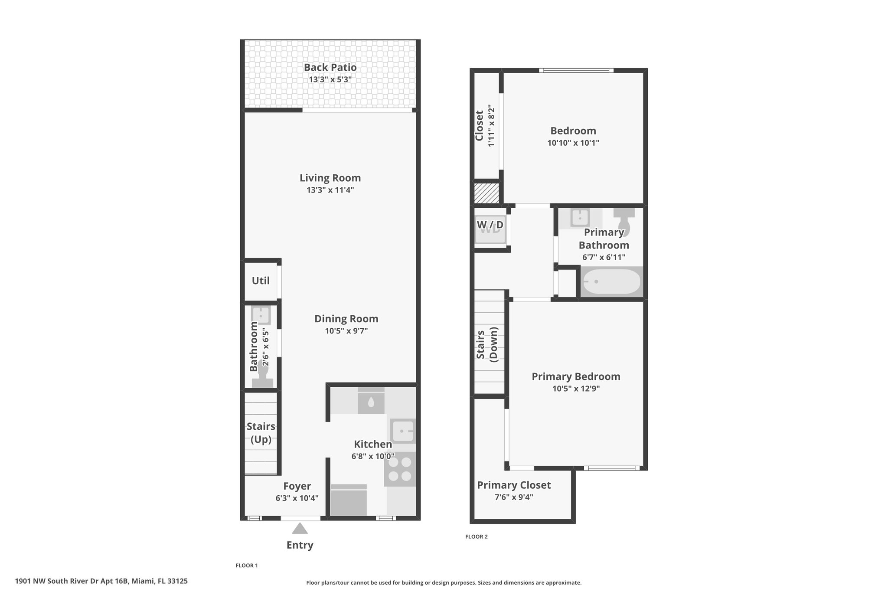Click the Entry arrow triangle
(x=300, y=528)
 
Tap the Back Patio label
(x=330, y=67)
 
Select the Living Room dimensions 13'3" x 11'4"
(x=330, y=190)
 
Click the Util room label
(x=261, y=281)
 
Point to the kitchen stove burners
(x=400, y=469)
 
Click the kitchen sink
(x=403, y=431)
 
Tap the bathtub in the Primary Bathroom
(x=611, y=281)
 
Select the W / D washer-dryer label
(x=490, y=225)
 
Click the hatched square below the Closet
(x=486, y=193)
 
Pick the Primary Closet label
(x=514, y=485)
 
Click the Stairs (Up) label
(x=261, y=432)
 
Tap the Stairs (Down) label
(x=487, y=344)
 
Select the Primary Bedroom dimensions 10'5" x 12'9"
(x=576, y=389)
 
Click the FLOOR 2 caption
(x=477, y=536)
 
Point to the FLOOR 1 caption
(x=247, y=566)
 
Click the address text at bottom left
(x=101, y=581)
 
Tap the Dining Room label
(x=346, y=319)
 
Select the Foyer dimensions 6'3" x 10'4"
(x=297, y=498)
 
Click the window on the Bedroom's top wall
(x=576, y=70)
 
